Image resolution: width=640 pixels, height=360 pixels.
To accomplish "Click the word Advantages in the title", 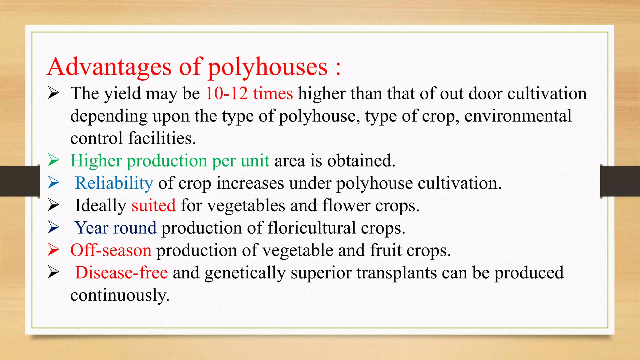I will [x=109, y=67].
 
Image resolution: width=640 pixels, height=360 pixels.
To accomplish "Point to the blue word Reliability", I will [x=114, y=183].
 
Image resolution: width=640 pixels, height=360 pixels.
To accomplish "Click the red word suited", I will [x=153, y=206].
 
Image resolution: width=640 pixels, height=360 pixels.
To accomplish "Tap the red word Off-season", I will [x=111, y=250].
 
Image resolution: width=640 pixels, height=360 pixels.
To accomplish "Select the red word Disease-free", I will [x=121, y=272].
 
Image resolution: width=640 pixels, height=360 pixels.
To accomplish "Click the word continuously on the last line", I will [x=120, y=295].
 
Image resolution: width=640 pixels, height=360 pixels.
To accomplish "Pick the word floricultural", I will [x=312, y=228].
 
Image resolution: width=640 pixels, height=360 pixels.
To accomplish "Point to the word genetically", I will [x=245, y=273].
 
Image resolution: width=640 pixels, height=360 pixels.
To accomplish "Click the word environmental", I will [x=518, y=116].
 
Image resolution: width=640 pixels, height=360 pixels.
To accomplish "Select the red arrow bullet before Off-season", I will [x=53, y=250].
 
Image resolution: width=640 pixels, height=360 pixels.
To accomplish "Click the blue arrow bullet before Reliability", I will [x=53, y=183].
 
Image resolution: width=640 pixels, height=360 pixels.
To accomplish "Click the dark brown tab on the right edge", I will [x=620, y=181].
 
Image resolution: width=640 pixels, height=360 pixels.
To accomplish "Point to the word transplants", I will [x=396, y=273].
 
